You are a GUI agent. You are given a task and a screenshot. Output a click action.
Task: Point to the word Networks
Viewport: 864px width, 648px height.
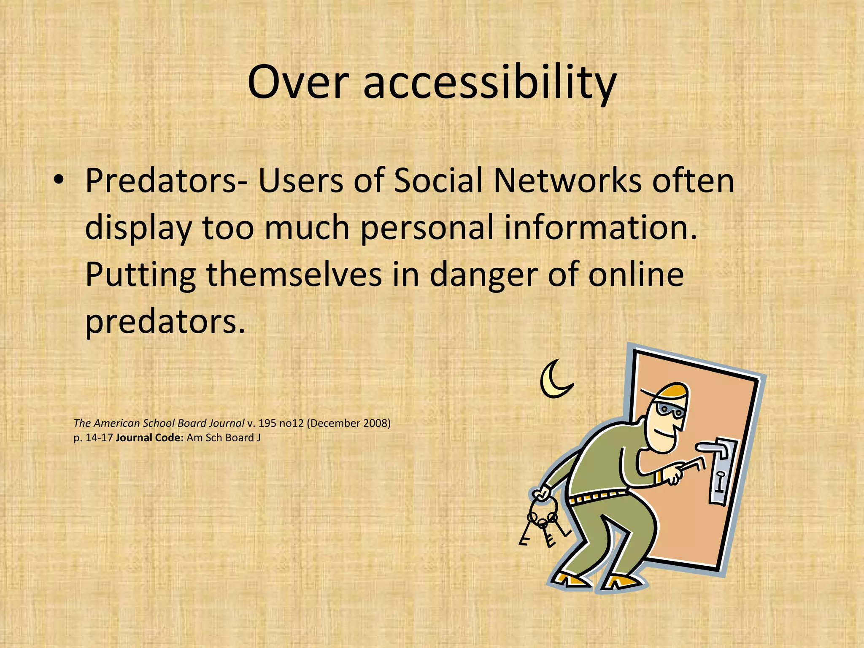567,181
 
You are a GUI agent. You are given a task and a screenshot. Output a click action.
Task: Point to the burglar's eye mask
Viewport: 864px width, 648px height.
670,409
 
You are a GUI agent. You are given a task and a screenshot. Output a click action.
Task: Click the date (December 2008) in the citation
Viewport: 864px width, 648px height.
348,423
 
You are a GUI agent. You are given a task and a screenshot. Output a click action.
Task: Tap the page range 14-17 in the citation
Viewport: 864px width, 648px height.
99,438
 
